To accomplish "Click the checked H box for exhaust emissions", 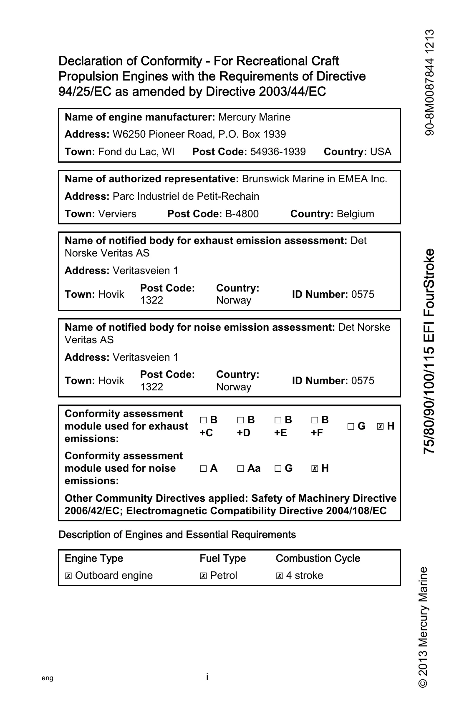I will (x=380, y=427).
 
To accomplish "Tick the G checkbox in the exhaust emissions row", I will (x=351, y=427).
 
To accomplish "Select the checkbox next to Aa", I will (x=240, y=469).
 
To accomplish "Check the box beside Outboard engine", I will (x=68, y=576).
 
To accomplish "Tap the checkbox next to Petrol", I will (x=203, y=576).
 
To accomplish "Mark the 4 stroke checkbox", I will (x=279, y=576).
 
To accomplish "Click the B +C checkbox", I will (x=203, y=420).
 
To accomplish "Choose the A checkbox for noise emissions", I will (x=203, y=469).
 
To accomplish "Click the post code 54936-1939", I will (x=278, y=152).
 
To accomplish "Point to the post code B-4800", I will (x=242, y=214).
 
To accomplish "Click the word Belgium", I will (x=355, y=214).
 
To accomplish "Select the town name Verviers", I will (x=117, y=214).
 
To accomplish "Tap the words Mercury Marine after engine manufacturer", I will (x=254, y=117).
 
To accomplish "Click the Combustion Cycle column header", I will (x=318, y=558).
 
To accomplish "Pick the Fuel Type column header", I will (x=223, y=558).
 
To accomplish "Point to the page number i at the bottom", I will (x=207, y=677).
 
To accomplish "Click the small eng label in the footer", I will (x=48, y=678).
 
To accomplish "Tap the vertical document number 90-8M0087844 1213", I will (x=430, y=82).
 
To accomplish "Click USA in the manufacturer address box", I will (x=381, y=152).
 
